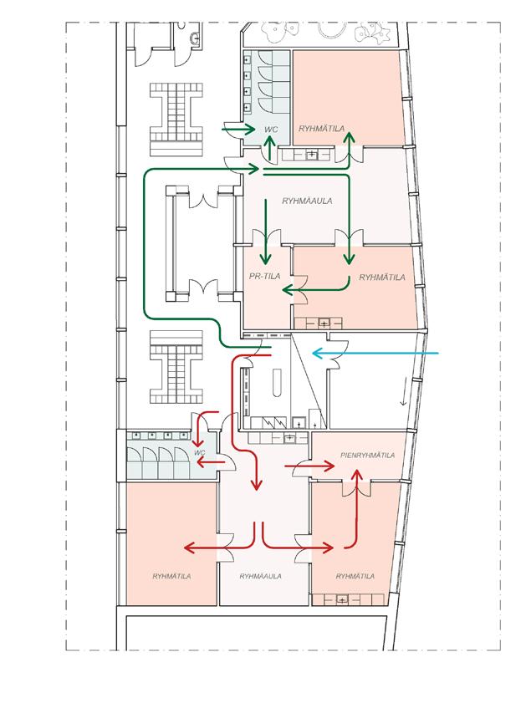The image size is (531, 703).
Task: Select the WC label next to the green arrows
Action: tap(270, 130)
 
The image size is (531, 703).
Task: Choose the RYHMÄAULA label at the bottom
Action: tap(259, 576)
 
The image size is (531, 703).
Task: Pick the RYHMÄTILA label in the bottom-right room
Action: tap(355, 576)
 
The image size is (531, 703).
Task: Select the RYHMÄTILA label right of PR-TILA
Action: tap(381, 277)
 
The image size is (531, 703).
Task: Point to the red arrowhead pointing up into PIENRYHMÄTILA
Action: tap(358, 475)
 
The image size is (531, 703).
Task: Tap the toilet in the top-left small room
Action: tap(194, 37)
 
